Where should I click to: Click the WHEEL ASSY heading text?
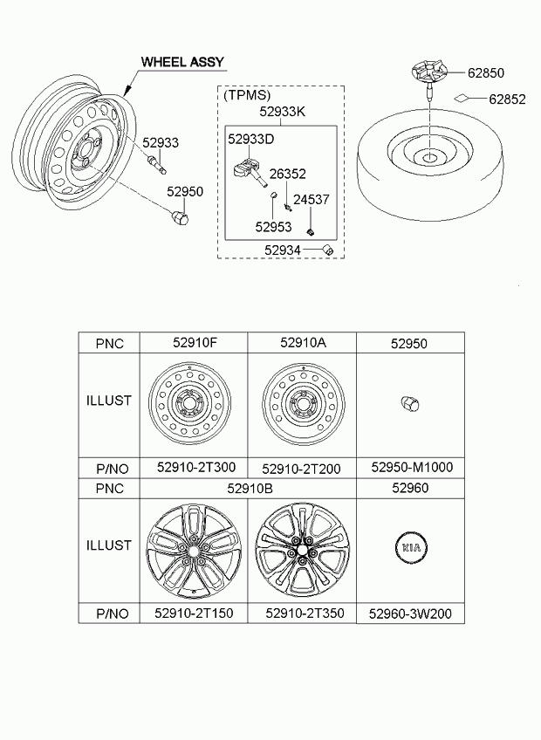(182, 62)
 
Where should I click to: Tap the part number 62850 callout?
(486, 72)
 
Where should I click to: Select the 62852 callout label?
(507, 99)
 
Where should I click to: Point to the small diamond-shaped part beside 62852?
(462, 97)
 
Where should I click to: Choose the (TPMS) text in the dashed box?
(247, 95)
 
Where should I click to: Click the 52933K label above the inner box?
(283, 112)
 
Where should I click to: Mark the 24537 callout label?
(312, 200)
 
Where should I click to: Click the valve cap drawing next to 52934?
(327, 250)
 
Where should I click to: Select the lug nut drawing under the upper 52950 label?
(179, 216)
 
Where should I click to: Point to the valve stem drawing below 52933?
(157, 164)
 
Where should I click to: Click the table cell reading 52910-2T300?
(196, 467)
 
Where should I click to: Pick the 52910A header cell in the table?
(303, 343)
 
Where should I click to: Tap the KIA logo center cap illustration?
(410, 547)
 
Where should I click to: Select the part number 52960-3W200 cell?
(410, 613)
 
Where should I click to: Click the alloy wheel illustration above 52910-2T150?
(194, 551)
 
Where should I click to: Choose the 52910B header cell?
(250, 488)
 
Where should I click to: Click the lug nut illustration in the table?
(410, 404)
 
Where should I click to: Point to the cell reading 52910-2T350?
(305, 613)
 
